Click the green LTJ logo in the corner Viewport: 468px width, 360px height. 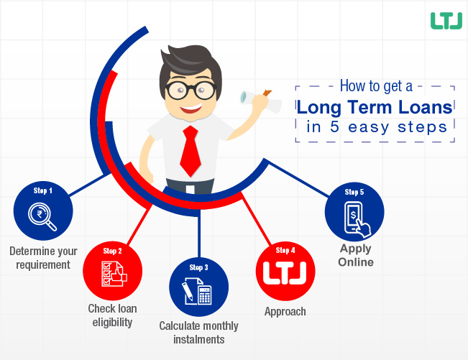pyautogui.click(x=446, y=21)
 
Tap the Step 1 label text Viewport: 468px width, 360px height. pyautogui.click(x=43, y=190)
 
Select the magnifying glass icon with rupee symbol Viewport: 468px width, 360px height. pyautogui.click(x=42, y=216)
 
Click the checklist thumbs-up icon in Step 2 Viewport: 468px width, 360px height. pyautogui.click(x=114, y=274)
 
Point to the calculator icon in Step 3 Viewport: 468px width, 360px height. pyautogui.click(x=205, y=295)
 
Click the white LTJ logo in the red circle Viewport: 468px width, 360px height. pyautogui.click(x=285, y=273)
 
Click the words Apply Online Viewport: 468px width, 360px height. pyautogui.click(x=356, y=255)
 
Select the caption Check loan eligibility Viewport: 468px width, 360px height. pyautogui.click(x=113, y=315)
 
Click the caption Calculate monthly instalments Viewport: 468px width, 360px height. pyautogui.click(x=199, y=333)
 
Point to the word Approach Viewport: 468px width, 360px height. pyautogui.click(x=285, y=312)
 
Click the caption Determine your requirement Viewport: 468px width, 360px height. pyautogui.click(x=43, y=258)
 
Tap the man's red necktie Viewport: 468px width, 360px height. pyautogui.click(x=191, y=151)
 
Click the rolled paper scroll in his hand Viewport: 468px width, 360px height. pyautogui.click(x=260, y=101)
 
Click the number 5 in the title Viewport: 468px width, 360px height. pyautogui.click(x=334, y=126)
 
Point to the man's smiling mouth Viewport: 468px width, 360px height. pyautogui.click(x=191, y=109)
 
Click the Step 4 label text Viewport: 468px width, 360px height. pyautogui.click(x=285, y=250)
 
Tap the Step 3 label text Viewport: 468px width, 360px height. pyautogui.click(x=199, y=267)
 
